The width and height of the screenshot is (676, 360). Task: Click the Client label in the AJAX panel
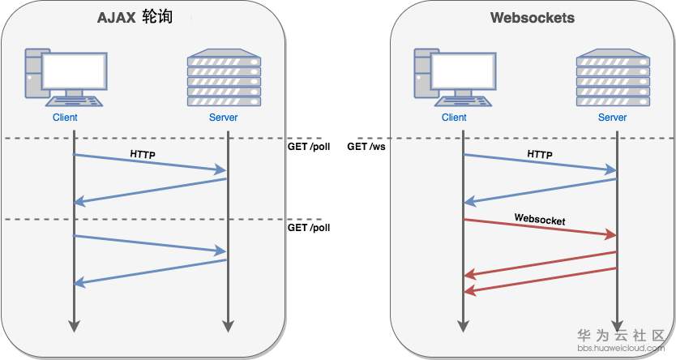click(x=65, y=118)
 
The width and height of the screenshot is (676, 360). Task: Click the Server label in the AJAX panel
click(x=223, y=118)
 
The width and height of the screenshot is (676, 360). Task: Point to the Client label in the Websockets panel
click(x=455, y=118)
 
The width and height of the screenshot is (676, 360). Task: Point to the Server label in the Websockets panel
click(x=613, y=118)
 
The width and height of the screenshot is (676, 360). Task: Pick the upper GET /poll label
click(x=309, y=147)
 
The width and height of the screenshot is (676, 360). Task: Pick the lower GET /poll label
click(x=309, y=228)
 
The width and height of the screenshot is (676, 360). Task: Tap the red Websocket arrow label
click(x=539, y=219)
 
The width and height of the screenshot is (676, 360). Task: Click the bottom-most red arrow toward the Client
click(x=539, y=280)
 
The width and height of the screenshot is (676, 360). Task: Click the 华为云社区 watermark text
click(x=621, y=335)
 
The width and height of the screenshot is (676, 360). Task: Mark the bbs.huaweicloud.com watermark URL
click(x=621, y=349)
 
